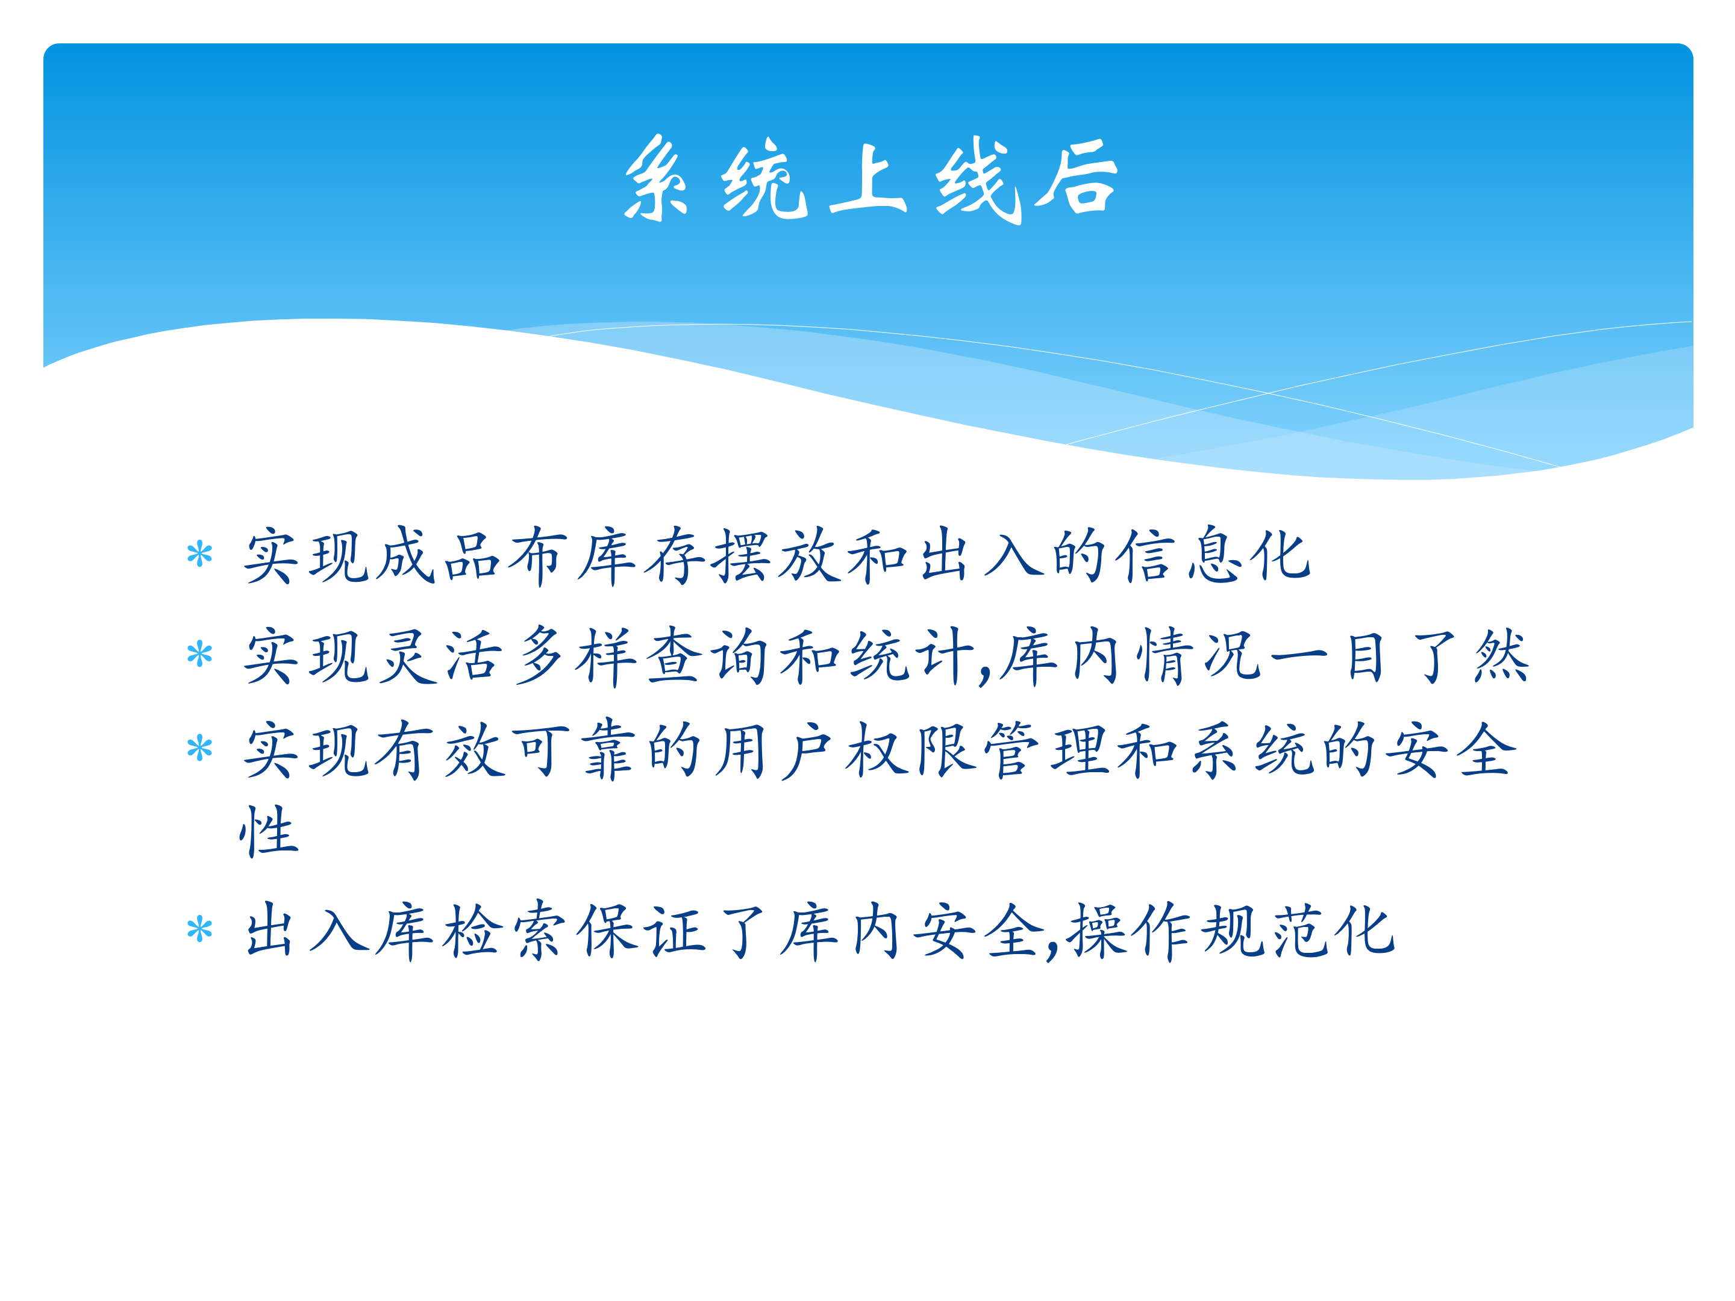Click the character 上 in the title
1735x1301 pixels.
[x=868, y=179]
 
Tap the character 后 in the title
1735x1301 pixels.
[x=1076, y=177]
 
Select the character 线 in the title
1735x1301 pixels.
[x=978, y=180]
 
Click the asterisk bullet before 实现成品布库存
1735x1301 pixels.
[x=200, y=555]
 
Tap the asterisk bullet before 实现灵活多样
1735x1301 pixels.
[x=200, y=654]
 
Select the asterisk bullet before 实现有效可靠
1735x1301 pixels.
[x=200, y=748]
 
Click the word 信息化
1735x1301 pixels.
[x=1214, y=555]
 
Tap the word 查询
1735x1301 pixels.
[x=709, y=655]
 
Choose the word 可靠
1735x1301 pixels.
[x=572, y=750]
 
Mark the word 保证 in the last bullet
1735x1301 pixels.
[x=642, y=931]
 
